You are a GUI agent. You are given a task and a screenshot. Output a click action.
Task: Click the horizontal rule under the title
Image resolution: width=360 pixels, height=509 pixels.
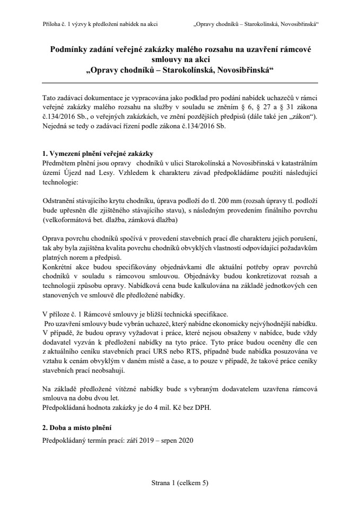180,83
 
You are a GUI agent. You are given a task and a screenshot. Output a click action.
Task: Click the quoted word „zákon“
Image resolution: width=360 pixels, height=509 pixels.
301,118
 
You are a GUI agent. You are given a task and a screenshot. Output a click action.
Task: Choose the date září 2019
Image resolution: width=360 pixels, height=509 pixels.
136,442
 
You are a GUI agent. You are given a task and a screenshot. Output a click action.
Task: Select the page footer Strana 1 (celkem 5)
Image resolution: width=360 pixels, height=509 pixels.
180,483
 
